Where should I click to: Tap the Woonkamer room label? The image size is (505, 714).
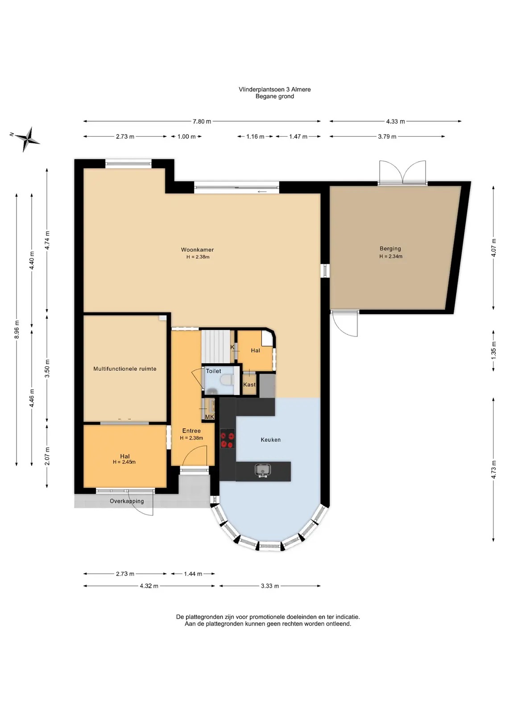[x=197, y=250]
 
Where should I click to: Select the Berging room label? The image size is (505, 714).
[x=390, y=249]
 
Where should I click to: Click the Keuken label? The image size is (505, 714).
[x=270, y=440]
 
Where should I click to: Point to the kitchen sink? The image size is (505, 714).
[x=263, y=470]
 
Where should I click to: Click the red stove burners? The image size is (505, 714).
[x=228, y=440]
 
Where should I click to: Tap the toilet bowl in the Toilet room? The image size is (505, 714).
[x=227, y=380]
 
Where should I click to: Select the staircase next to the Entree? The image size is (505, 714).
[x=216, y=346]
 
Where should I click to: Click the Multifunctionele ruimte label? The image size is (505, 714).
[x=124, y=369]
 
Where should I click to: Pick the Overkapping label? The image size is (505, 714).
[x=127, y=501]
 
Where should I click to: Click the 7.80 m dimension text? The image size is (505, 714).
[x=202, y=121]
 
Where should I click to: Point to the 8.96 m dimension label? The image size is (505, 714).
[x=17, y=330]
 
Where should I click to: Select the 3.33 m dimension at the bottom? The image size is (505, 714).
[x=270, y=586]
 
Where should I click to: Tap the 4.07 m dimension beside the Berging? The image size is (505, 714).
[x=493, y=248]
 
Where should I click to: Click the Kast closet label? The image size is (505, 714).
[x=249, y=384]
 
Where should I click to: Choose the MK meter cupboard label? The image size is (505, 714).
[x=209, y=417]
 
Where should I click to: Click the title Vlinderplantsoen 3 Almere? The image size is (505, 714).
[x=275, y=90]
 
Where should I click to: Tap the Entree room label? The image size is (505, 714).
[x=191, y=431]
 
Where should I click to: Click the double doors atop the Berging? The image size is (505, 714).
[x=403, y=172]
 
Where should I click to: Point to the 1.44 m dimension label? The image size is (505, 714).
[x=193, y=574]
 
